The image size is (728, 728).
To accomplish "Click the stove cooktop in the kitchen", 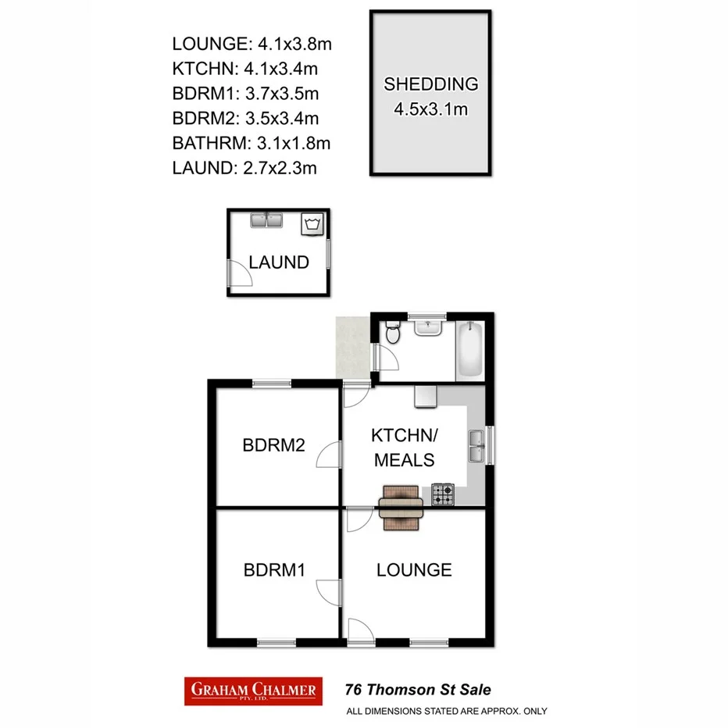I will [x=443, y=494].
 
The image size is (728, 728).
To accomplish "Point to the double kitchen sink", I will [x=476, y=446].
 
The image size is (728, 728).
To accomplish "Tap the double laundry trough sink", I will [x=266, y=219].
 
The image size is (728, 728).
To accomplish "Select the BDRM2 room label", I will [x=273, y=446].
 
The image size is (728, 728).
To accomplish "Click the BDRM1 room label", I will [x=273, y=570].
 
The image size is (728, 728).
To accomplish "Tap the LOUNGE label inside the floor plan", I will [x=414, y=570].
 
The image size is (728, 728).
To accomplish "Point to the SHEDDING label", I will [x=430, y=84].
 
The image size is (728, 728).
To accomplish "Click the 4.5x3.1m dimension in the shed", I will [x=430, y=109].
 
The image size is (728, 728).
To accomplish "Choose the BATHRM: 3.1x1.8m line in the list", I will [x=252, y=143].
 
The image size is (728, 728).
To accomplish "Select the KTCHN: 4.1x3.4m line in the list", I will [x=245, y=68].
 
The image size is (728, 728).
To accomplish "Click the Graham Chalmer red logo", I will [x=253, y=691].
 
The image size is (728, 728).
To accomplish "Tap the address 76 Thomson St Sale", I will [x=418, y=690].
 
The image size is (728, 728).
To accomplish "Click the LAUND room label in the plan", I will [x=279, y=262].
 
